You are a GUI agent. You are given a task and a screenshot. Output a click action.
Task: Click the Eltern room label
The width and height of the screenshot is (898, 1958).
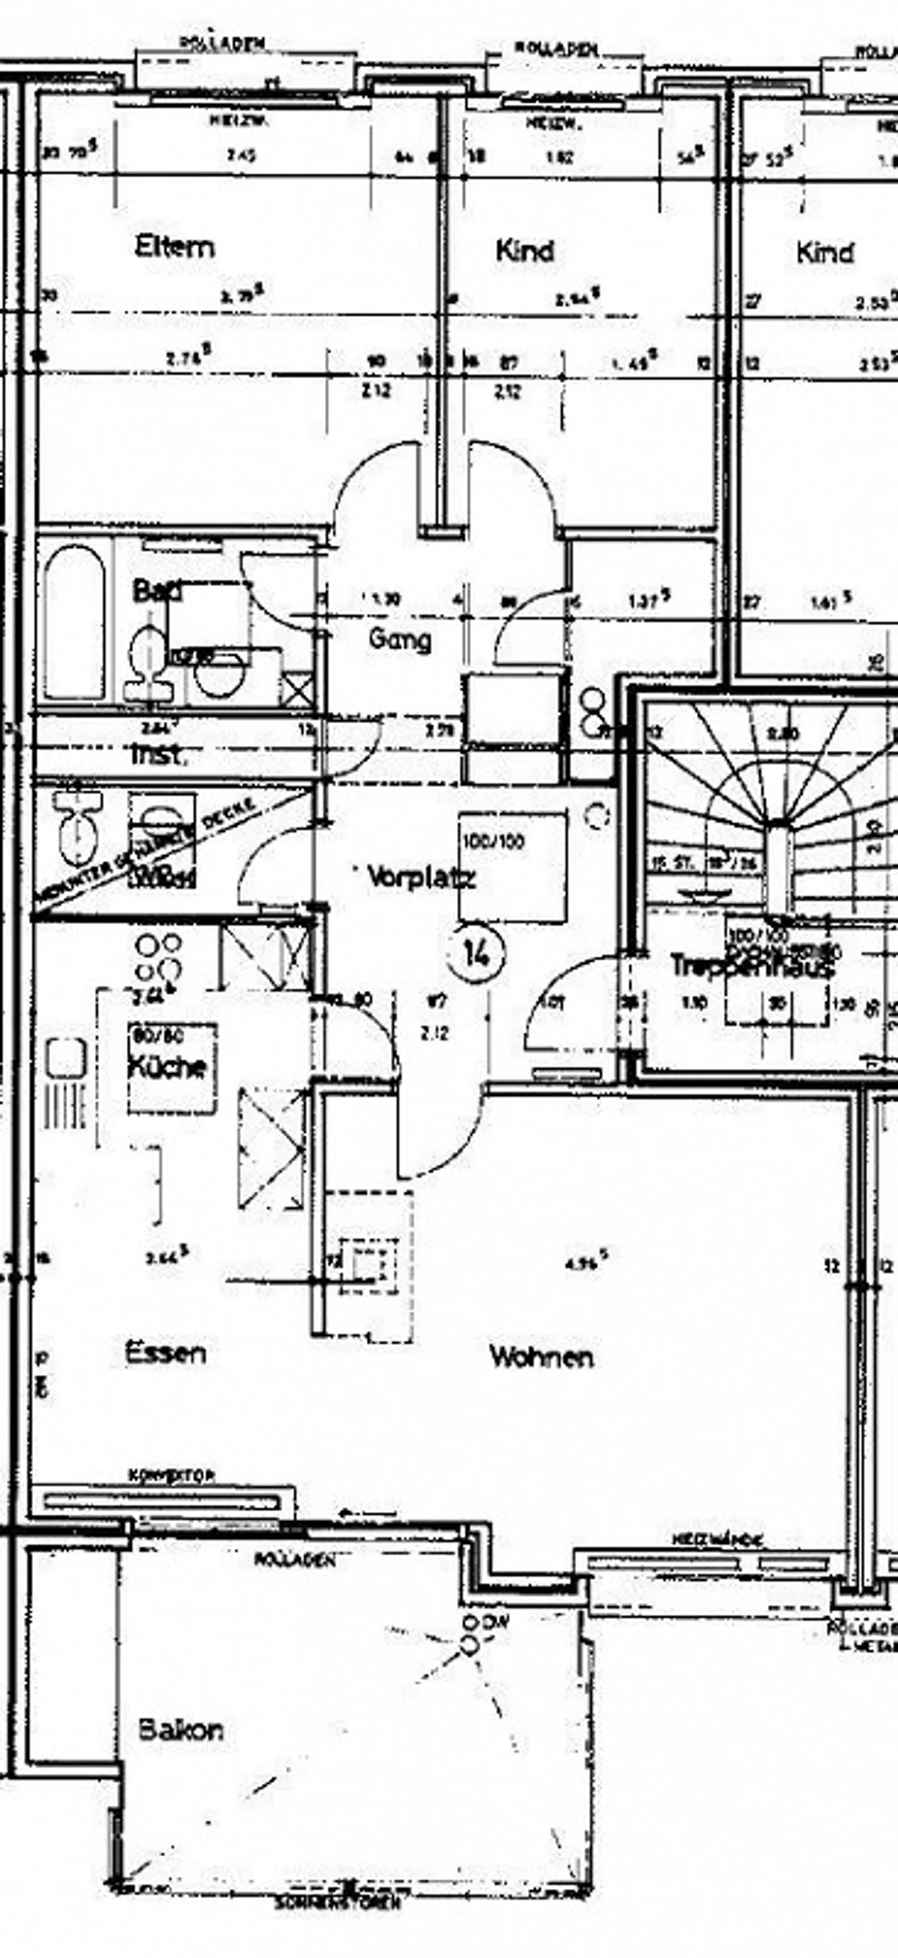[x=174, y=248]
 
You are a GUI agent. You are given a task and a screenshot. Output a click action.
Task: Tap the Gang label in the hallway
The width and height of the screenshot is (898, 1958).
[x=400, y=639]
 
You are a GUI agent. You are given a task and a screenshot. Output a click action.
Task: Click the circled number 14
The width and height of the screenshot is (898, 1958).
[x=476, y=954]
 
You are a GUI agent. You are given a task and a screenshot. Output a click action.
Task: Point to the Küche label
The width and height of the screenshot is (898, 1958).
[x=167, y=1067]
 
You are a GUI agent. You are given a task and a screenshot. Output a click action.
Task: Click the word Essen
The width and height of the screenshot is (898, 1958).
[x=165, y=1353]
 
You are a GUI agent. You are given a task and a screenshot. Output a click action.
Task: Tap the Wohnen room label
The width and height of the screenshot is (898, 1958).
[x=541, y=1357]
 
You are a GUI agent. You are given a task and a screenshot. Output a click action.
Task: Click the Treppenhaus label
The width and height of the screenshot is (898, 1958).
[x=752, y=966]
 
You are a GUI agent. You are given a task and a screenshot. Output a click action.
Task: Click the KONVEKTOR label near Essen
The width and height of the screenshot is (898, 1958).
[x=161, y=1475]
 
